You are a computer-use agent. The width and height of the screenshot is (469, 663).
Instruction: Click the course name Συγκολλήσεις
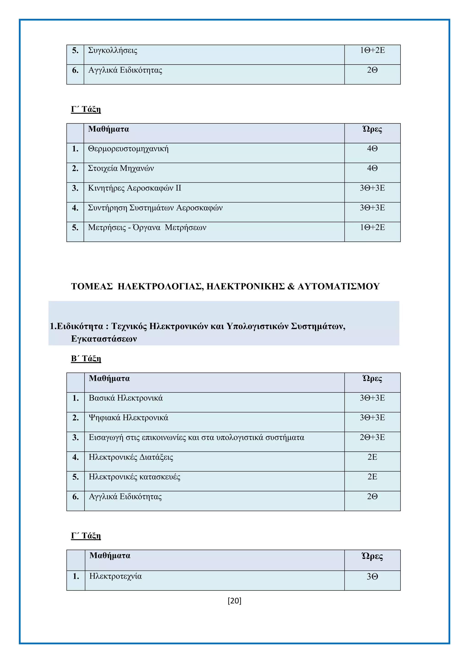tap(113, 51)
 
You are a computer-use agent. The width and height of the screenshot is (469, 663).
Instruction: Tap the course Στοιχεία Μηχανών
tap(121, 168)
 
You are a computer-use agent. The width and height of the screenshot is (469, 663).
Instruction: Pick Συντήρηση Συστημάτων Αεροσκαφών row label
tap(155, 208)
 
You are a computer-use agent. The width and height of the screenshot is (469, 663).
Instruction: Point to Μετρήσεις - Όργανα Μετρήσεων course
tap(147, 228)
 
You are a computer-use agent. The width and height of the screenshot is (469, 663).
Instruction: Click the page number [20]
tap(234, 601)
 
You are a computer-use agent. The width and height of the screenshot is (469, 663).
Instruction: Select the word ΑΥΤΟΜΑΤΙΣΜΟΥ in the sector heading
tap(338, 286)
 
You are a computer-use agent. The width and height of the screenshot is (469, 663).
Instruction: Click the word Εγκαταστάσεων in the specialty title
tap(104, 339)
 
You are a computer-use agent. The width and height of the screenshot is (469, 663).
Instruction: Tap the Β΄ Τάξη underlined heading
tap(86, 359)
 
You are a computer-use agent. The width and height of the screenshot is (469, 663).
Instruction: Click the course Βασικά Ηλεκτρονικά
tap(126, 398)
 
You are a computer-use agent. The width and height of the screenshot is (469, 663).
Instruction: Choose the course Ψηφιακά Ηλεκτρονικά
tap(128, 418)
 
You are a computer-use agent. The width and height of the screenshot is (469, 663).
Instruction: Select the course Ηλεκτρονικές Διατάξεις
tap(131, 457)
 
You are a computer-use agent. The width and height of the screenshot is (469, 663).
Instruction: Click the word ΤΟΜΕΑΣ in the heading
tap(92, 286)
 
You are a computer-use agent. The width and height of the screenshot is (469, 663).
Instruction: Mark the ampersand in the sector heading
tap(291, 286)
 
